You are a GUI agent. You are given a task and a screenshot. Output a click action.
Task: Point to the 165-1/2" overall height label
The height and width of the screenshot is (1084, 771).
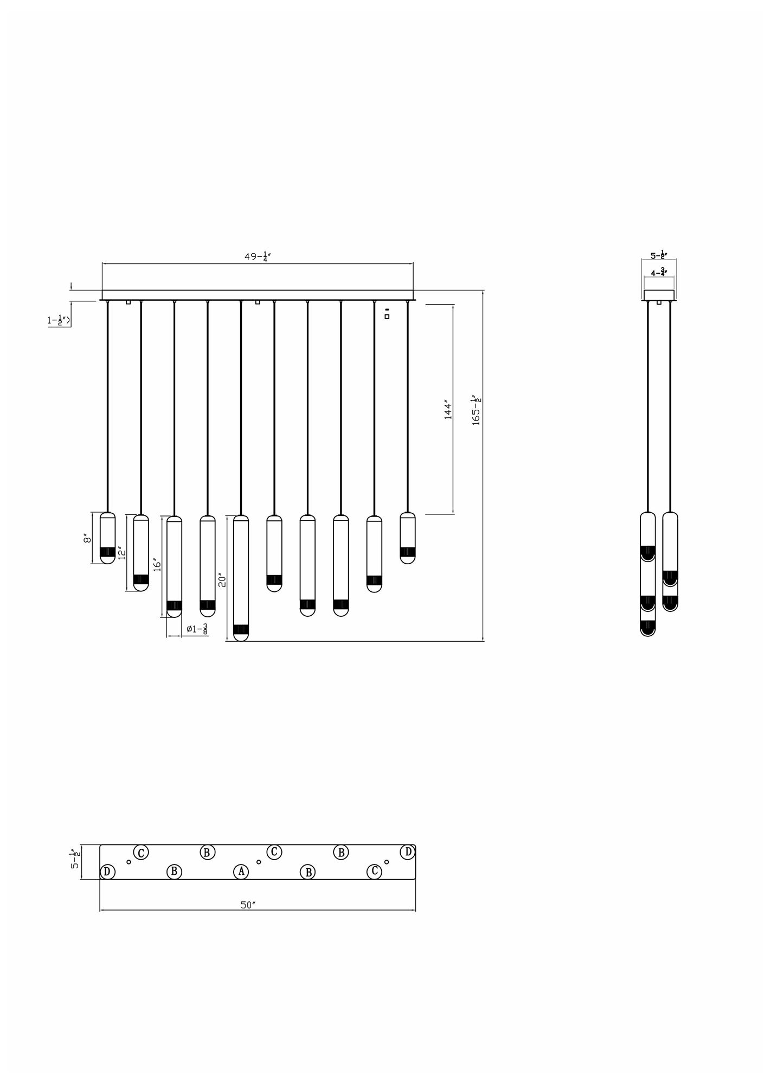[x=477, y=410]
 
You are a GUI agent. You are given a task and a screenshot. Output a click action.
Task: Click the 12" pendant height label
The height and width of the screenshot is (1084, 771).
[x=122, y=553]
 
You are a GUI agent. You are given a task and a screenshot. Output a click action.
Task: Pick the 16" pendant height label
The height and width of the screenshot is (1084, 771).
[x=157, y=565]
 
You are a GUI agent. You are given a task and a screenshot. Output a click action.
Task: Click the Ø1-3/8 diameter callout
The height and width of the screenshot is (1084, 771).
[x=197, y=629]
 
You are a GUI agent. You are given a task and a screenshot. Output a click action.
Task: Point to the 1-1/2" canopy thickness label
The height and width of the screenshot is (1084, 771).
[x=59, y=320]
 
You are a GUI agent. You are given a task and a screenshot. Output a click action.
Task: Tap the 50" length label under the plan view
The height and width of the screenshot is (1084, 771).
[x=248, y=905]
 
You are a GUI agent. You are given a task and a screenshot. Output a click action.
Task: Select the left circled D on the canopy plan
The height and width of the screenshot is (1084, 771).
[x=107, y=872]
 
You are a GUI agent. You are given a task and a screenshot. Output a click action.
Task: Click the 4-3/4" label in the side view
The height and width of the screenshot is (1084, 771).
[x=659, y=273]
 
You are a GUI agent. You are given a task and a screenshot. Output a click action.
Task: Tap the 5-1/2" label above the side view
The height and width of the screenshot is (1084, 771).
[x=659, y=255]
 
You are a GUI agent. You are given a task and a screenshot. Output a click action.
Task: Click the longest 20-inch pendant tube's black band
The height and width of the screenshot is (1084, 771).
[x=241, y=629]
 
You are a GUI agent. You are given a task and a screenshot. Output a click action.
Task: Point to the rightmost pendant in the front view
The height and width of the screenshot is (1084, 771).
[x=407, y=538]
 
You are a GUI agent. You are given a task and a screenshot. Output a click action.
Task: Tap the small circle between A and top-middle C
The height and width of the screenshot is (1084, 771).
[x=259, y=862]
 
